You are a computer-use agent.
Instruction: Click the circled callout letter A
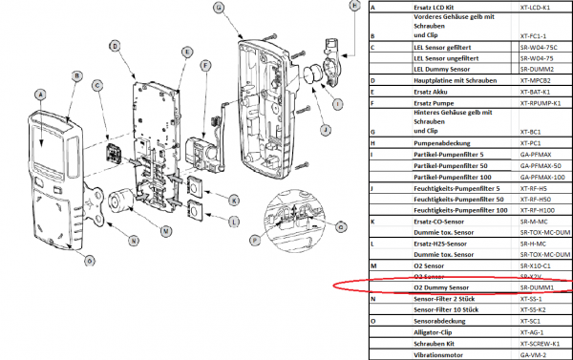(39, 95)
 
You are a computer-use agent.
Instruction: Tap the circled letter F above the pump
(204, 65)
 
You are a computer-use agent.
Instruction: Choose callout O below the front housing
(90, 261)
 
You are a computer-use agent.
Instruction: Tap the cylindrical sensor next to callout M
(121, 201)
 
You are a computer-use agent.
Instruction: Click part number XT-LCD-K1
(539, 7)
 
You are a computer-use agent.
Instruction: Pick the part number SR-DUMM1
(539, 286)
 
